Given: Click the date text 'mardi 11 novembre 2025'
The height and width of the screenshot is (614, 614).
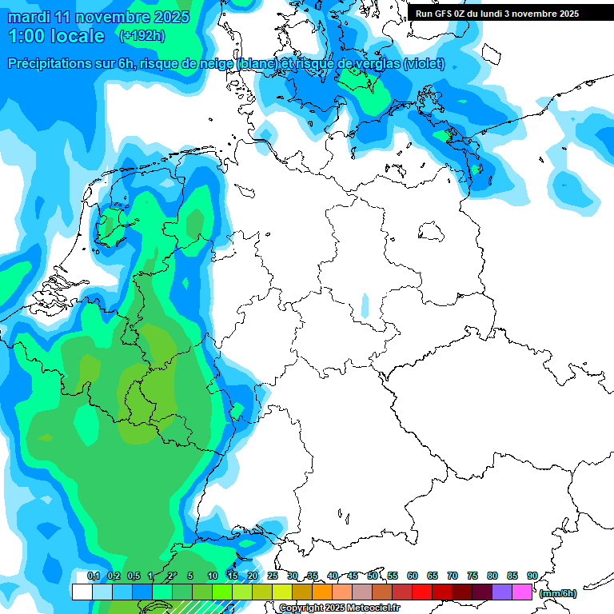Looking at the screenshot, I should pos(98,17).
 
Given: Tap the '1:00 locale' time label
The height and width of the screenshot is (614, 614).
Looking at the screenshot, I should pos(56,36).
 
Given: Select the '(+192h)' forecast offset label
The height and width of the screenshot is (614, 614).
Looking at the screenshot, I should pos(142,36).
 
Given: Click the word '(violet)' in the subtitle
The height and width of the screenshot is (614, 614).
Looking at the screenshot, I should pos(424,64).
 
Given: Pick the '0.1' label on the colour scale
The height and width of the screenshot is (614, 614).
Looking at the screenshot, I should pos(93,576).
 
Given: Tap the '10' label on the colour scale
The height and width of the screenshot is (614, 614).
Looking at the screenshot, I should pos(213,576).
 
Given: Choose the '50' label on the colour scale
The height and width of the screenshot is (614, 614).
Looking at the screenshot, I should pos(373,576).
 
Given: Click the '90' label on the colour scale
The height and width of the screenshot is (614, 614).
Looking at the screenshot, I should pos(532,576).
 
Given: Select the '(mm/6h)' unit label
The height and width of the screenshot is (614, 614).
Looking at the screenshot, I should pos(557,593).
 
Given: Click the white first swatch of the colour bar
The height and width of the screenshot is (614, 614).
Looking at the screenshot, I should pos(82,592).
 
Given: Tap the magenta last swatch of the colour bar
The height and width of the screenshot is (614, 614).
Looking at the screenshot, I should pos(522,592).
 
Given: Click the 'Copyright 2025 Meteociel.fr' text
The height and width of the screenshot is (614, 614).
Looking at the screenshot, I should pos(339,608).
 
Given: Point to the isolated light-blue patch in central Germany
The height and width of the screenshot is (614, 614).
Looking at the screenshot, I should pos(365,305).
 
